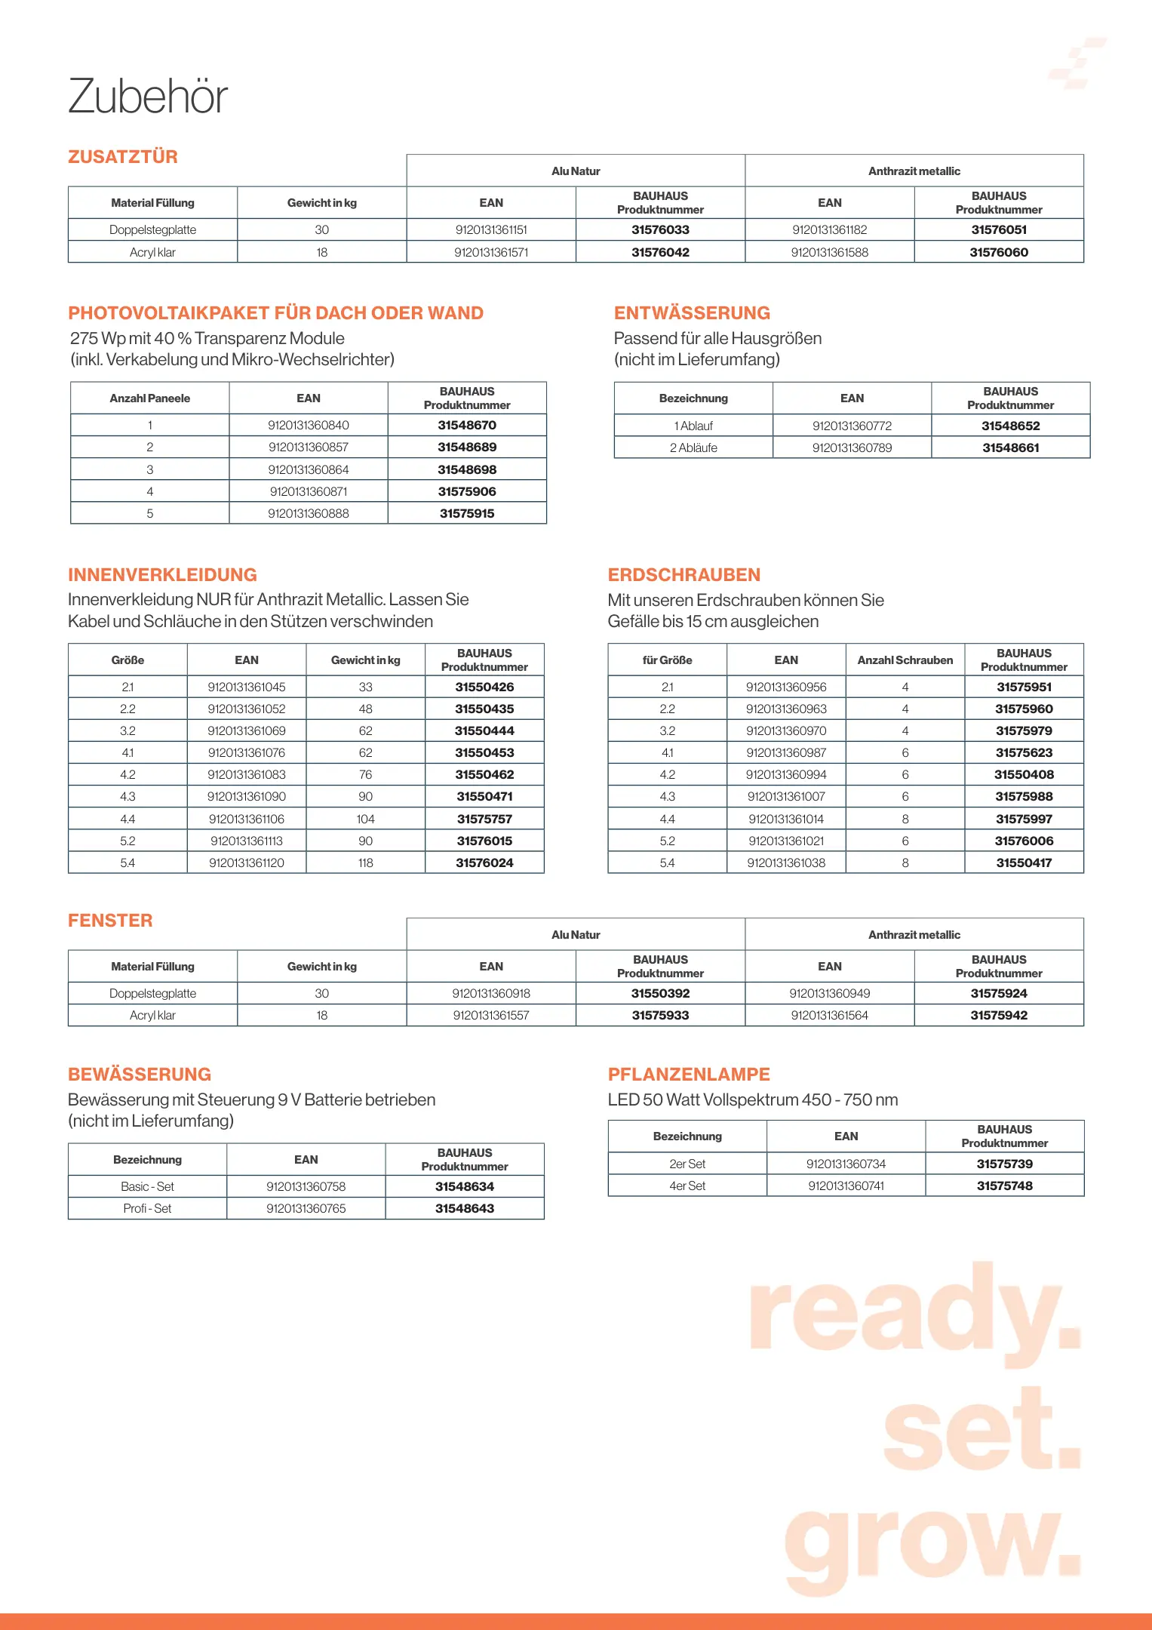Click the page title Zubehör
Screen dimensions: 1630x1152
[148, 97]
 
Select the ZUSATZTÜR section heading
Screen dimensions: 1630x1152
[123, 157]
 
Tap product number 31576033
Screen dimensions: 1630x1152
[660, 229]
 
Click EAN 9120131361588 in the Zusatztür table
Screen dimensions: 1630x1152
[829, 252]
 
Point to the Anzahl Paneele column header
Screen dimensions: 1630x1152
[149, 398]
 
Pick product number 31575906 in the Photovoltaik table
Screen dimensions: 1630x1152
[467, 491]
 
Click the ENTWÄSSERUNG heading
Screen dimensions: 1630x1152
[692, 313]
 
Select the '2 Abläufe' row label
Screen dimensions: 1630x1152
[693, 447]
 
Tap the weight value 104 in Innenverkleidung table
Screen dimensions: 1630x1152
[365, 819]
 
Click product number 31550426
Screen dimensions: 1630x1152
[484, 687]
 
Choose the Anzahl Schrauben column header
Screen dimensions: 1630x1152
[905, 660]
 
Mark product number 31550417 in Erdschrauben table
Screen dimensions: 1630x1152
[1024, 863]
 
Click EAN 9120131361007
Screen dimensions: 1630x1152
[786, 796]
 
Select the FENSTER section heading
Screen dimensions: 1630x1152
[110, 921]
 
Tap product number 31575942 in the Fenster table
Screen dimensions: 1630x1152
[999, 1015]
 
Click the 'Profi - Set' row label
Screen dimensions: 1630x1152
[147, 1208]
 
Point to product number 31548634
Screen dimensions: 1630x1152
[465, 1186]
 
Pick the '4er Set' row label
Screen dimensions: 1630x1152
[687, 1186]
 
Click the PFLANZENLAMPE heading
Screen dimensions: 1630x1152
[689, 1075]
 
